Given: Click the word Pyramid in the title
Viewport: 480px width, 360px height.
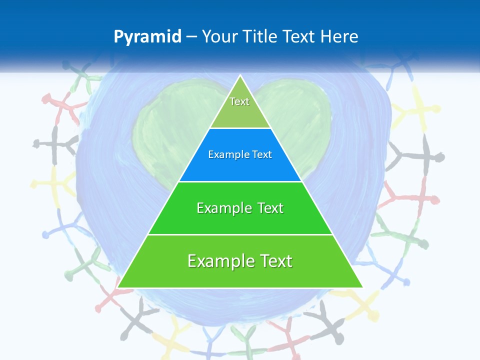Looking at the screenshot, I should tap(147, 37).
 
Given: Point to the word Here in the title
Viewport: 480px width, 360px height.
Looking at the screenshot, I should tap(339, 37).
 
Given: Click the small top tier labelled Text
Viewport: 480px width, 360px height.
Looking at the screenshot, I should tap(240, 102).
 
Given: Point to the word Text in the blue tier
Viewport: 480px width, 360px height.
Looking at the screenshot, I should tap(262, 155).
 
